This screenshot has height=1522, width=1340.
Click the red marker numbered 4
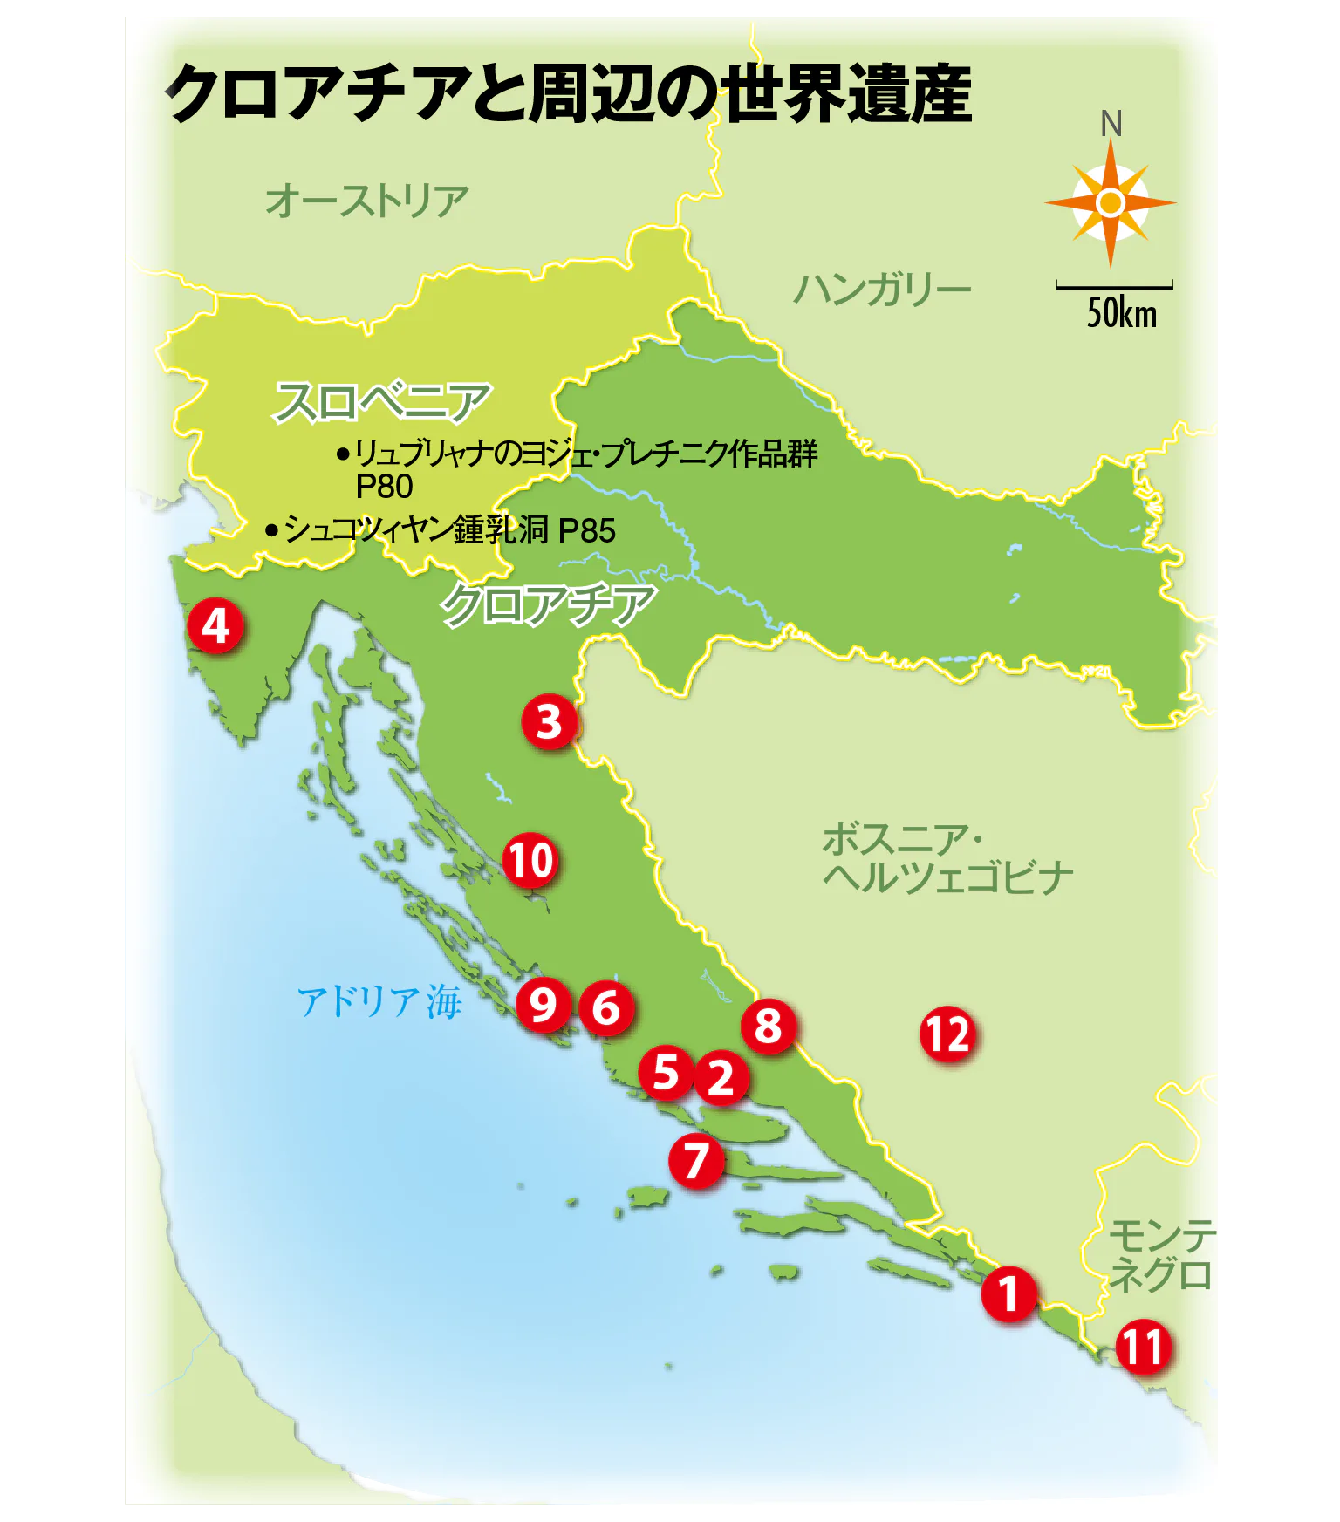tap(215, 626)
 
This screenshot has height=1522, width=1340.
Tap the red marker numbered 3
tap(549, 722)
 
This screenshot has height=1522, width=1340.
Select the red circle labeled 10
tap(530, 861)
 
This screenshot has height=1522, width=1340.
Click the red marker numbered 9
tap(543, 1005)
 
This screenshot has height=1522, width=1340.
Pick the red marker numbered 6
tap(606, 1008)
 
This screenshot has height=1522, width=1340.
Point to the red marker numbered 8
tap(768, 1026)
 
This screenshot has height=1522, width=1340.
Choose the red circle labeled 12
tap(947, 1034)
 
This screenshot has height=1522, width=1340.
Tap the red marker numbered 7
tap(696, 1161)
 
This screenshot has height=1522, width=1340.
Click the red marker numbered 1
tap(1008, 1293)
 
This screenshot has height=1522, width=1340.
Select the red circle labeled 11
tap(1143, 1348)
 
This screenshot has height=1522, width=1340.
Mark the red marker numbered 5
tap(666, 1072)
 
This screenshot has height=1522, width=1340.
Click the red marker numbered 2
tap(721, 1077)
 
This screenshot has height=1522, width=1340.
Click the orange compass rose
tap(1110, 203)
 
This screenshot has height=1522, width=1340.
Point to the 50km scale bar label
tap(1121, 313)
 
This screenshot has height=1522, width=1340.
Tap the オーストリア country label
tap(366, 201)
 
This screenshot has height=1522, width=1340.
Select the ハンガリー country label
tap(881, 289)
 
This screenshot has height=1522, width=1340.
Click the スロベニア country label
tap(382, 402)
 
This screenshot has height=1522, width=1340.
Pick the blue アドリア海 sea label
tap(379, 1001)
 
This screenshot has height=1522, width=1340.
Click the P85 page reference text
tap(586, 530)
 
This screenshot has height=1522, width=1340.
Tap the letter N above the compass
tap(1111, 125)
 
